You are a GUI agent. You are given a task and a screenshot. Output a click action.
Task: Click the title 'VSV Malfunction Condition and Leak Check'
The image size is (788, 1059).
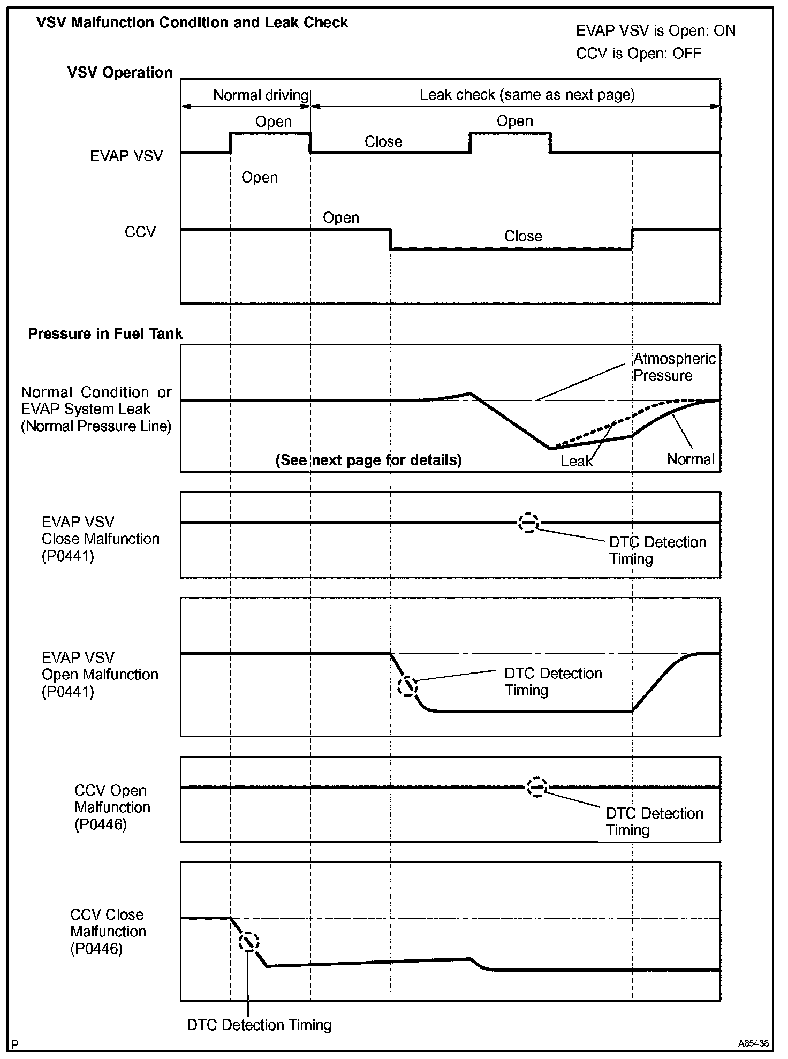coord(192,22)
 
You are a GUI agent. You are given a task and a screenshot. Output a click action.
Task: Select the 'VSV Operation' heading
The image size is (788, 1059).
coord(120,73)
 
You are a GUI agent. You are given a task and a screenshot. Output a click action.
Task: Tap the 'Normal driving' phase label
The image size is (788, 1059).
coord(261,95)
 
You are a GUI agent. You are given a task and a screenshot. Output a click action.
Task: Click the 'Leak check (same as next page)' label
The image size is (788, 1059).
coord(527,95)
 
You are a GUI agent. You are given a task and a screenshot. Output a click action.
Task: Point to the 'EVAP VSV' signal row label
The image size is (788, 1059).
coord(126,156)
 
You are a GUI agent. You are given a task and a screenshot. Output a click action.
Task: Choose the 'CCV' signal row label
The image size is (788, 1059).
coord(140,232)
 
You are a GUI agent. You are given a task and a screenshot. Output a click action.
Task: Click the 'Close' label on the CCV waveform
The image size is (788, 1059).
coord(523,236)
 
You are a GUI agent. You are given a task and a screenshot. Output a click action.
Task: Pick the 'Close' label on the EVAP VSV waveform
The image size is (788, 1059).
coord(383,142)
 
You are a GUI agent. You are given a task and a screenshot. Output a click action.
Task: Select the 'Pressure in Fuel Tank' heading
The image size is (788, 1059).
coord(105,334)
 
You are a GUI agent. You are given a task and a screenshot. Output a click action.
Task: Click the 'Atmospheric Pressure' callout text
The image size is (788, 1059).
coord(674,367)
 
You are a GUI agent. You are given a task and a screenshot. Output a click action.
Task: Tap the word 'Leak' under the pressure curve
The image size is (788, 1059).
coord(577,461)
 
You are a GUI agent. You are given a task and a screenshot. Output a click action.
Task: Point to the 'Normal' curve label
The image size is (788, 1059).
coord(691,459)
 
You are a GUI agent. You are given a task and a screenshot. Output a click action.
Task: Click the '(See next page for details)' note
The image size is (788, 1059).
coord(368,460)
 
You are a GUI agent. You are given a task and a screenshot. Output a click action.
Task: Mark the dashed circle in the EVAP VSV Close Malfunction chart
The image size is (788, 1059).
coord(528,522)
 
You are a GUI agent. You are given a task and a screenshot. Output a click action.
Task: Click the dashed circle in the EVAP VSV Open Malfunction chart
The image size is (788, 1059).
coord(407,686)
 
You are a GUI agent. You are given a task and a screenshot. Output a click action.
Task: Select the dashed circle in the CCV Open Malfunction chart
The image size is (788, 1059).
coord(536,787)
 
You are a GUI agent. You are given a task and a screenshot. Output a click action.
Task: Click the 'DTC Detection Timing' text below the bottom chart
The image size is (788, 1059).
coord(259,1025)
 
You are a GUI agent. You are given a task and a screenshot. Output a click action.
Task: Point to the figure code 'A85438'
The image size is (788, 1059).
coord(753,1043)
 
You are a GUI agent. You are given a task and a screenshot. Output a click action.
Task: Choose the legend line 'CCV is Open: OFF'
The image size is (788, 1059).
coord(639,54)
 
